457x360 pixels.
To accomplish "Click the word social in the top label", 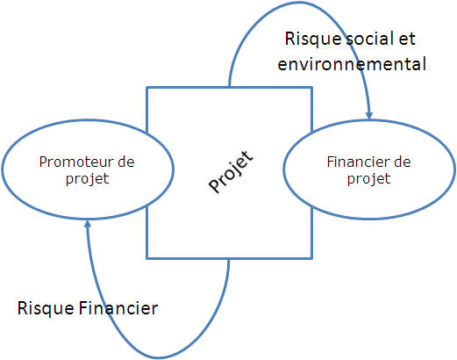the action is (x=370, y=39).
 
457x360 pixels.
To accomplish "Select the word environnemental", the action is (x=352, y=64).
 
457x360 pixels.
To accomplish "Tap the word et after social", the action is (x=407, y=40).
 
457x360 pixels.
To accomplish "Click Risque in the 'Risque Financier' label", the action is (x=46, y=309).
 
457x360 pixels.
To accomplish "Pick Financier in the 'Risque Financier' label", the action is (x=118, y=308).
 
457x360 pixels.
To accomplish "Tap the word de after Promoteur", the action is (x=126, y=162).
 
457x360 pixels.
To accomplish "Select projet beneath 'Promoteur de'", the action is (x=88, y=179).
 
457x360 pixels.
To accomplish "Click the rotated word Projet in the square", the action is (x=231, y=172).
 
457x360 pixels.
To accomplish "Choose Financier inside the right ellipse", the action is (x=358, y=162).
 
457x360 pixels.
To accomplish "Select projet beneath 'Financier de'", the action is (x=369, y=179).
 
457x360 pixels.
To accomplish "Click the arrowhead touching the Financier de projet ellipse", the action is (x=369, y=115).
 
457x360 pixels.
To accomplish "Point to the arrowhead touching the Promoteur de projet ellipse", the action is (x=88, y=224).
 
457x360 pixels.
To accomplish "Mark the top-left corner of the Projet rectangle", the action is (x=146, y=87).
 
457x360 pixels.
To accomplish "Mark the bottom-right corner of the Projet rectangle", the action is (x=312, y=258).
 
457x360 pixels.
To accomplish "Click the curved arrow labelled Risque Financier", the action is (x=158, y=357).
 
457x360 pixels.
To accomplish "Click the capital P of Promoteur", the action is (x=43, y=162).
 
